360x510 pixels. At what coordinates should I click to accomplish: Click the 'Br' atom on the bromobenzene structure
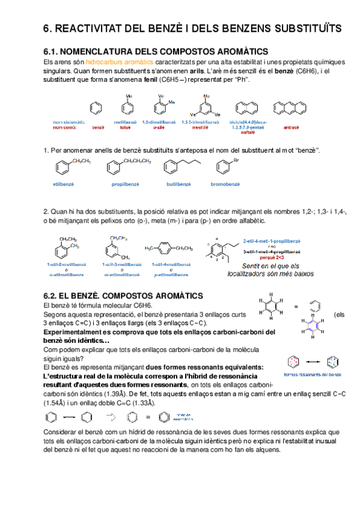click(x=236, y=160)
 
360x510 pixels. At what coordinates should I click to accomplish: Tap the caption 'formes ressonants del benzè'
click(x=311, y=375)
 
